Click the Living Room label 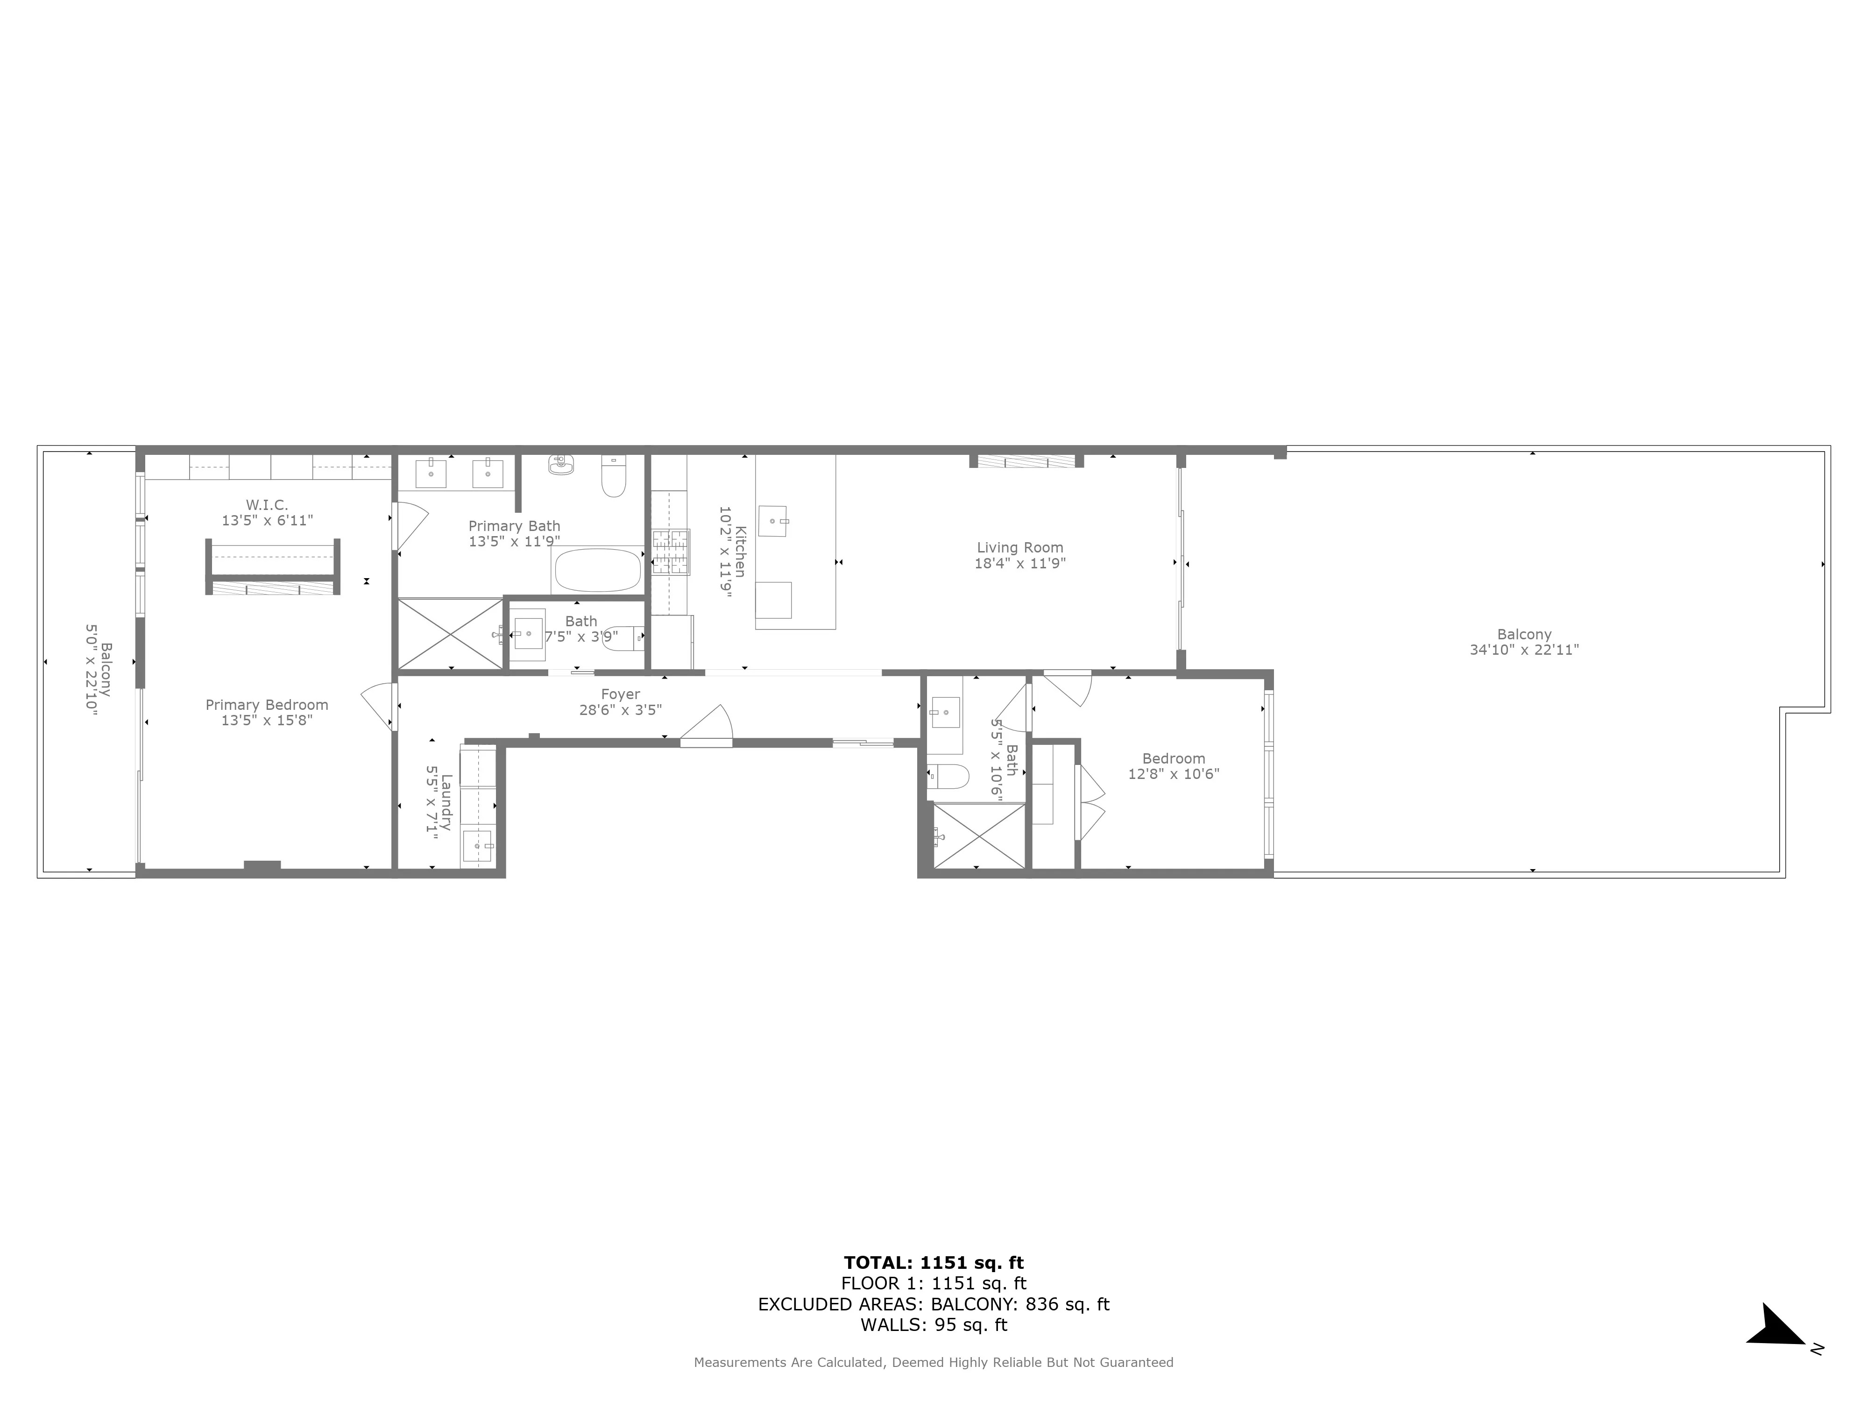(x=1019, y=547)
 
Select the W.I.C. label (x=267, y=505)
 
